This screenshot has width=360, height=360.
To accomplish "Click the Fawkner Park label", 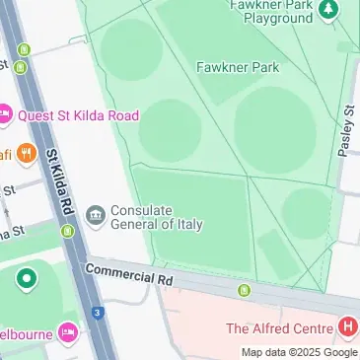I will pos(238,67).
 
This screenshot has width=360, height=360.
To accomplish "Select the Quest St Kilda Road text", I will pos(77,115).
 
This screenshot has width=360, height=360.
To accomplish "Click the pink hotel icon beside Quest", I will pos(3,115).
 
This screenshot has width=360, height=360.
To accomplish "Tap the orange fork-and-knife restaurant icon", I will pos(26,154).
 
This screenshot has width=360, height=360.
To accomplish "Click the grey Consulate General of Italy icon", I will pos(96,216).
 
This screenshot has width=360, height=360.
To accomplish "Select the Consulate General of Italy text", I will pos(156,217).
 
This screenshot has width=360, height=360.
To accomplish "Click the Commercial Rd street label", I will pos(129,273).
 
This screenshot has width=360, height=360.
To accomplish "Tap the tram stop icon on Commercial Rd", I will pos(244,290).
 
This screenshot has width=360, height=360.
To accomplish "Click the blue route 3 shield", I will pos(97,313).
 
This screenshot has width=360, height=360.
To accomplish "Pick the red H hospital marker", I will pos(346,326).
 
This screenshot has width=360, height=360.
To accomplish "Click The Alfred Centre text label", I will pos(279,327).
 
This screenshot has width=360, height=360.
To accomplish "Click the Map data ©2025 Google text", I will pos(300,352).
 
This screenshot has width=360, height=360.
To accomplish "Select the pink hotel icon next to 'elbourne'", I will pos(67,329).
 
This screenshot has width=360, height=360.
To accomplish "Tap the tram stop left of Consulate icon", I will pos(67,232).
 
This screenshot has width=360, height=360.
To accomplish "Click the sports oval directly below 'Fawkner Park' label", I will pos(275,126).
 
